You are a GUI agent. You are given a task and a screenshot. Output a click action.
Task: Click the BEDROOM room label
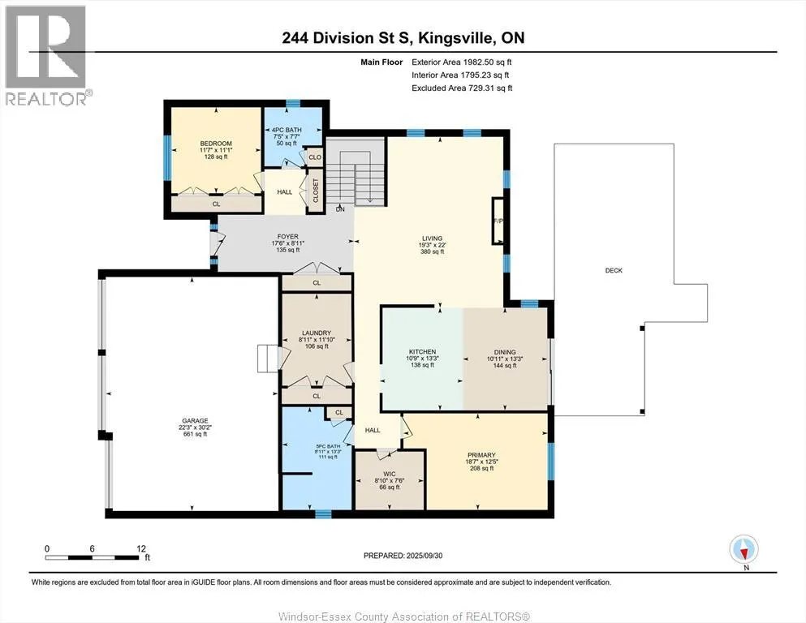tap(216, 144)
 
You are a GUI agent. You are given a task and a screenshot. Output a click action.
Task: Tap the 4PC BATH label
tap(287, 130)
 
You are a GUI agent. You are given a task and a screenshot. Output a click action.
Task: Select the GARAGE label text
tap(195, 421)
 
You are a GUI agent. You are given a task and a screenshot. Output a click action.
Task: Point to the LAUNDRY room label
tap(317, 333)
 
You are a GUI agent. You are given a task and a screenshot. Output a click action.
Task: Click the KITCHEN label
tap(423, 352)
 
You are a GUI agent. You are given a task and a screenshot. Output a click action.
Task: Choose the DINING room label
tap(505, 352)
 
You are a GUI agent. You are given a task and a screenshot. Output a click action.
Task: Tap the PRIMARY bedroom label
tap(481, 455)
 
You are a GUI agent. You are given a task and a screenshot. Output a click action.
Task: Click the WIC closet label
tap(390, 474)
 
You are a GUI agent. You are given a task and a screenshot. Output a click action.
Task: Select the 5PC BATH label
tap(328, 446)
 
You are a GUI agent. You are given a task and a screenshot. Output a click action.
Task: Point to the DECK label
tap(614, 270)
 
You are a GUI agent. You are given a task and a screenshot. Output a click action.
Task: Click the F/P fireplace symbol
tap(498, 221)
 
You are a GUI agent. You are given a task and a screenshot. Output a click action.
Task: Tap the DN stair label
tap(340, 209)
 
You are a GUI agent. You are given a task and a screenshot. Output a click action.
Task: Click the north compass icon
tap(744, 549)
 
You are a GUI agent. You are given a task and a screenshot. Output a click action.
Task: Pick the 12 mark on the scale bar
tap(141, 548)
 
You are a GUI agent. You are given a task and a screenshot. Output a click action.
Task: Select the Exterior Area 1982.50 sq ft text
tap(462, 62)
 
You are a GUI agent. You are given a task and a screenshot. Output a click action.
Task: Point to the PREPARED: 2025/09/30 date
tap(403, 556)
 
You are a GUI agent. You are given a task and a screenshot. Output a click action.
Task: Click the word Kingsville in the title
tap(452, 38)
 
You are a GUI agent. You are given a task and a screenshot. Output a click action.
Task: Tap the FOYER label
tap(288, 237)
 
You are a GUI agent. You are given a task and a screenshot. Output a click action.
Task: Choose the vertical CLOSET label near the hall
tap(316, 191)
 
